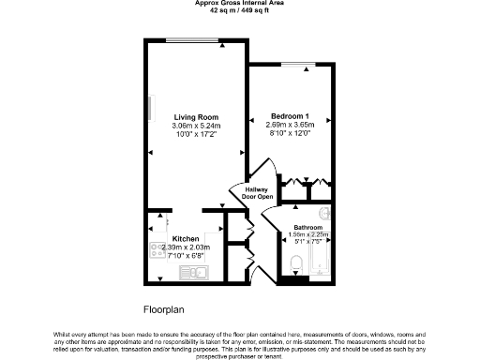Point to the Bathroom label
point(308,228)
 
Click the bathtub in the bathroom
point(319,258)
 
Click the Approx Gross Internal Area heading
point(240,4)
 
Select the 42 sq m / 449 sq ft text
point(240,10)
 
